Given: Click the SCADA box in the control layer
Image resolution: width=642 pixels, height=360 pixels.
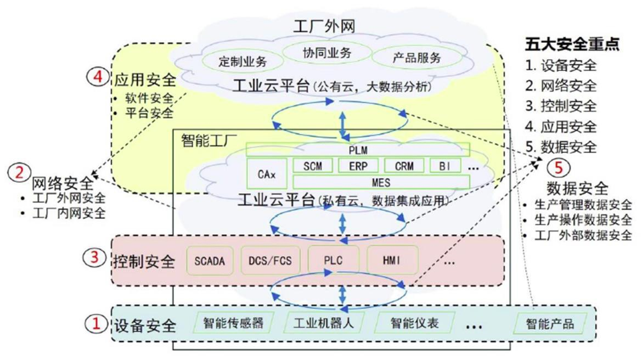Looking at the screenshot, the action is pyautogui.click(x=210, y=261).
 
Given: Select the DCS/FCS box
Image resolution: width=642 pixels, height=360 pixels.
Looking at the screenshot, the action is pyautogui.click(x=270, y=261).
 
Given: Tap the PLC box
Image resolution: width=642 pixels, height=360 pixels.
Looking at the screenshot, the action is pyautogui.click(x=333, y=261).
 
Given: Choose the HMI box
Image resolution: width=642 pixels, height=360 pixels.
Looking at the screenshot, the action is pyautogui.click(x=392, y=261).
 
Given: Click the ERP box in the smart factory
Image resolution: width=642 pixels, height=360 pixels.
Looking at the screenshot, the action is pyautogui.click(x=358, y=166).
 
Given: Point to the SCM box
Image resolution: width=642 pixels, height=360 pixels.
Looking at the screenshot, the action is pyautogui.click(x=312, y=166).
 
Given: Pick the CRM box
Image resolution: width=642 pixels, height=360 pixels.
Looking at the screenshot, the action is pyautogui.click(x=404, y=166).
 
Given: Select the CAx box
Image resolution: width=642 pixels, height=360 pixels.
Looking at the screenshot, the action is pyautogui.click(x=267, y=174).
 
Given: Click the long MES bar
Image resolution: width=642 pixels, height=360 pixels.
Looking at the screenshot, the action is pyautogui.click(x=381, y=182).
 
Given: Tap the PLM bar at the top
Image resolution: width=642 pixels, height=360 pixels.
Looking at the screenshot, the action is pyautogui.click(x=358, y=150).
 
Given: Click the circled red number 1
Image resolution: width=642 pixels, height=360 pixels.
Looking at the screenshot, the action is pyautogui.click(x=96, y=324).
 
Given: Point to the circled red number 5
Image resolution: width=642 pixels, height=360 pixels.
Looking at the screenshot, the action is pyautogui.click(x=559, y=167).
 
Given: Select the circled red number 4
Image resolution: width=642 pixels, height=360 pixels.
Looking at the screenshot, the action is pyautogui.click(x=98, y=77).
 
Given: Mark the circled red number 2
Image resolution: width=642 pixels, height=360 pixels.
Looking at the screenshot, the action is pyautogui.click(x=19, y=172).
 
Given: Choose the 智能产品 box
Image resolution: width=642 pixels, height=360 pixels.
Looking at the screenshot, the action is pyautogui.click(x=550, y=324).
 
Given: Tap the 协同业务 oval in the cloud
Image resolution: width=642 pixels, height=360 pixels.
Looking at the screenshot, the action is pyautogui.click(x=326, y=53).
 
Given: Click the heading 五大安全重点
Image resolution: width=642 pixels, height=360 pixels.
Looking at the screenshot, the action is pyautogui.click(x=572, y=44).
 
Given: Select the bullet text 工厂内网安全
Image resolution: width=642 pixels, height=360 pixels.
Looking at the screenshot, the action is pyautogui.click(x=69, y=213).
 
